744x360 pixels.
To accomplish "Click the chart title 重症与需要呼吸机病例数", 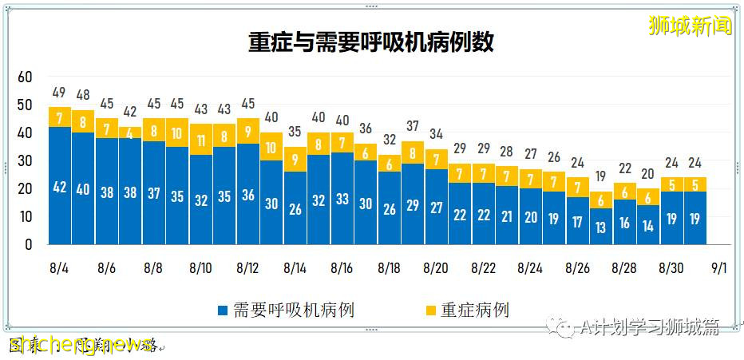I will (370, 42).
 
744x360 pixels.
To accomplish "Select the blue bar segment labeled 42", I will (60, 187).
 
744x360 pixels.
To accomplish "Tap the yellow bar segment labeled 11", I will (201, 140).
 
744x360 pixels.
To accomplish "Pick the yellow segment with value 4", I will (130, 133).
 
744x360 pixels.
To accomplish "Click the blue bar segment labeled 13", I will (601, 227).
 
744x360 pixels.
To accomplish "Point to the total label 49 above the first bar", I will (60, 93).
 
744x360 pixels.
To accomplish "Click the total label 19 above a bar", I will (601, 177).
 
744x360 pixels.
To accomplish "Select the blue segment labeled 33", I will (342, 199).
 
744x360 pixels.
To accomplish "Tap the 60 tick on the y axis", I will (25, 77).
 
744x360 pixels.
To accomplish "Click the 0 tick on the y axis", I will (29, 245).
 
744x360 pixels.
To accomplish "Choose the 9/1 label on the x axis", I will (719, 268).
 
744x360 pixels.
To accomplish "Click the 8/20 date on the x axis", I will (435, 268).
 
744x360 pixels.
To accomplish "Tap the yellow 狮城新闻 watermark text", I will (691, 26).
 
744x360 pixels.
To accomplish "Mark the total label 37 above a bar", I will (413, 126).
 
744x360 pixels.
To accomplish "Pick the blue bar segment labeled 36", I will (248, 195).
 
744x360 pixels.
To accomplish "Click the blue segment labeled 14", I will (648, 225).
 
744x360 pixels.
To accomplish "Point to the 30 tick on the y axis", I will (25, 160).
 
